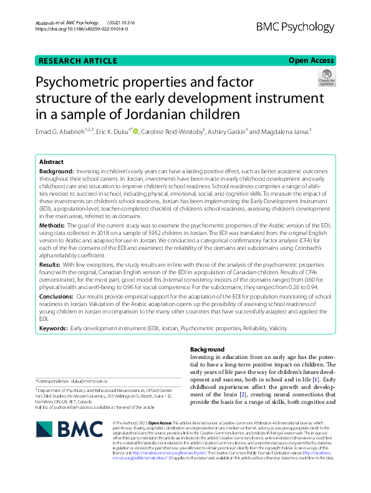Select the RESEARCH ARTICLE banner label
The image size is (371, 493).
click(x=78, y=60)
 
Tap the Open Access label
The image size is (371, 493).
click(x=311, y=60)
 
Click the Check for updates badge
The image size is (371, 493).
click(x=326, y=78)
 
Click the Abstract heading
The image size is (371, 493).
click(x=52, y=161)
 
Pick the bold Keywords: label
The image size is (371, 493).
click(x=54, y=327)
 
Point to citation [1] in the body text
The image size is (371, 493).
click(x=317, y=379)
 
